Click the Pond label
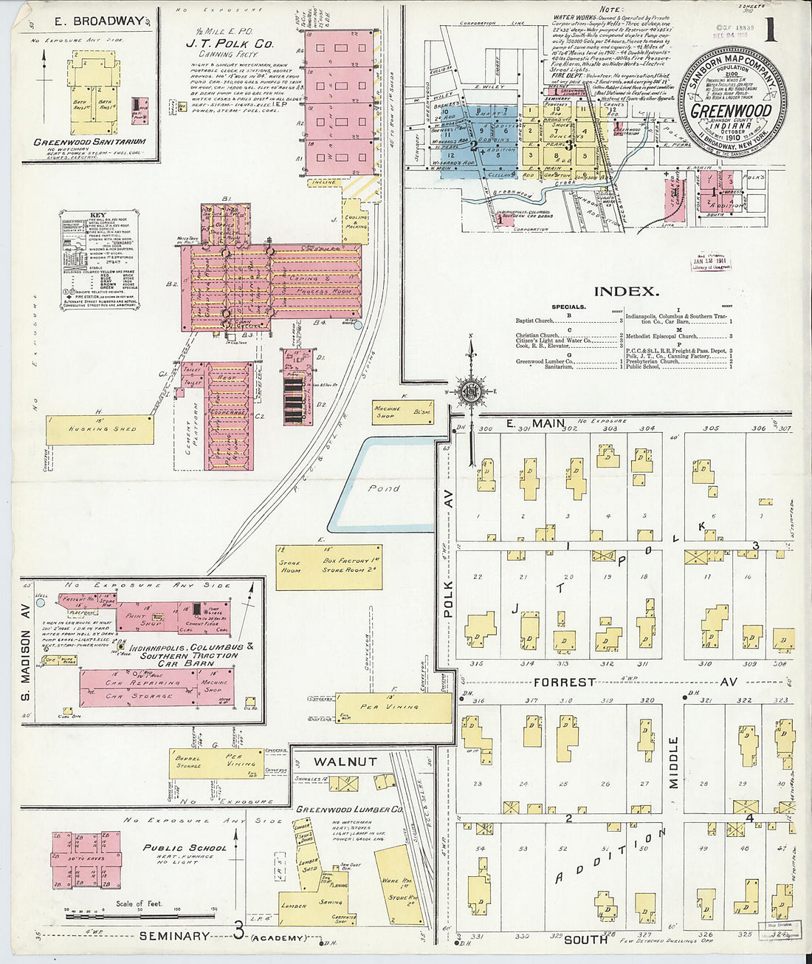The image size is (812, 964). pos(384,488)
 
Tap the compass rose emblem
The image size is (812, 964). pos(469,392)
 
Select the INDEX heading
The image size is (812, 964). pos(626,291)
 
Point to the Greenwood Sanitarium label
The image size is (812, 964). pos(89,142)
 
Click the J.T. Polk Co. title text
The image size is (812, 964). pos(229,44)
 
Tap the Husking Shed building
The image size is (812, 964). pos(100,429)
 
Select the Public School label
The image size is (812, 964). pos(185,848)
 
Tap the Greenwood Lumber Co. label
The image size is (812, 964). pos(348,810)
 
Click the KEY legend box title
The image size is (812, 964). pos(97,216)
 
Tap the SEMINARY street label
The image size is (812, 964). pos(175,936)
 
